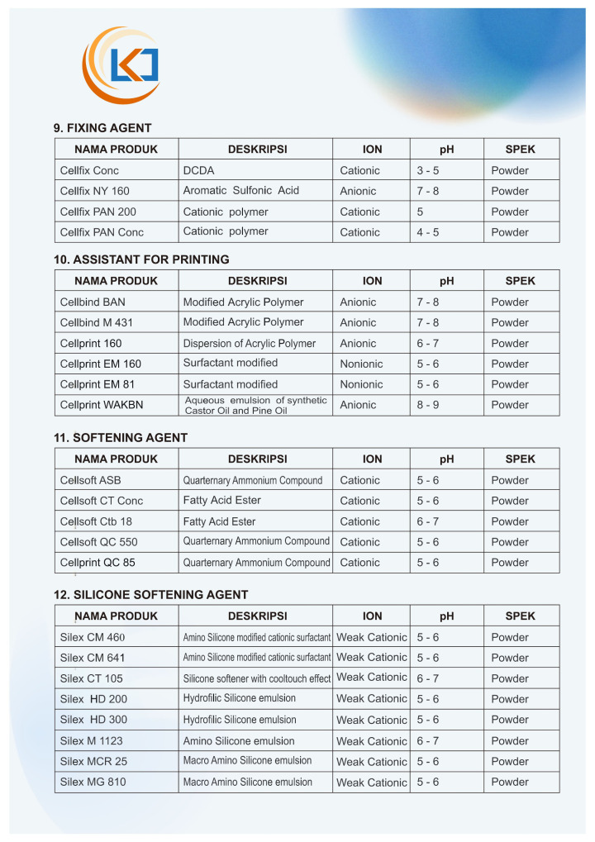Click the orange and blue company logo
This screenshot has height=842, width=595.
(x=121, y=64)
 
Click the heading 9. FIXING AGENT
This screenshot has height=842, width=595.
(x=102, y=128)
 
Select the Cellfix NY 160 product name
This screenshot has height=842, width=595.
(x=94, y=191)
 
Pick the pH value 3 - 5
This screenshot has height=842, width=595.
(x=427, y=170)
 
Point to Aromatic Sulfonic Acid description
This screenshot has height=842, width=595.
(x=240, y=191)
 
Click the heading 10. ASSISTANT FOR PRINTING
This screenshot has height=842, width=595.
(x=141, y=259)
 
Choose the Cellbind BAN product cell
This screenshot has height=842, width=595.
(x=93, y=302)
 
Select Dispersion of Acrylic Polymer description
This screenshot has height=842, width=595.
(x=249, y=343)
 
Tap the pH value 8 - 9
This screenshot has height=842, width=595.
(x=427, y=405)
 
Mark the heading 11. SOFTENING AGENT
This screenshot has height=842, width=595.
(x=121, y=438)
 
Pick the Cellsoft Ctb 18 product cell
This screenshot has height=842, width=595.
(x=96, y=521)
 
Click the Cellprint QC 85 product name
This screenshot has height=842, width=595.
(x=98, y=563)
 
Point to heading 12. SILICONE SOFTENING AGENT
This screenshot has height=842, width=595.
(x=150, y=595)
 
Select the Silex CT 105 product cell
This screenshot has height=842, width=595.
(x=91, y=678)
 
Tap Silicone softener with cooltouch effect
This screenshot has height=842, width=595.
(x=256, y=678)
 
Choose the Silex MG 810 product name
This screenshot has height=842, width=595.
(x=93, y=782)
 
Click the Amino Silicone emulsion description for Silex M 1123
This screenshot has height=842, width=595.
(x=238, y=740)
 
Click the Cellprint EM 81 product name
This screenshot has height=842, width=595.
(x=98, y=384)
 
